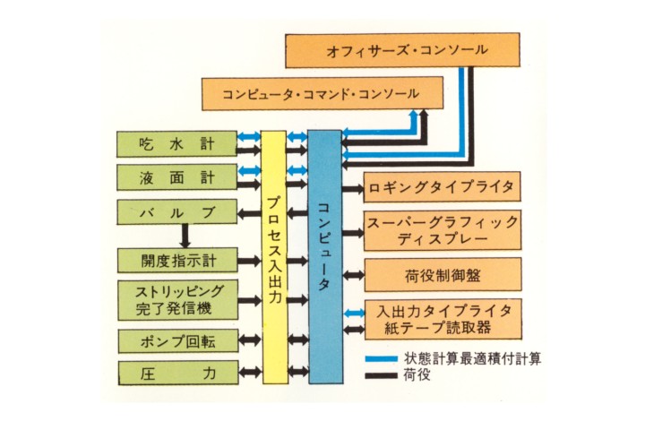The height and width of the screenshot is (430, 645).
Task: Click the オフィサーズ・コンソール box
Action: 401,50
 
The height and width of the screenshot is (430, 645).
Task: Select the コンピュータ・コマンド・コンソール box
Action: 310,93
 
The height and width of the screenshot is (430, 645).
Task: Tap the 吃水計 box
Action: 176,143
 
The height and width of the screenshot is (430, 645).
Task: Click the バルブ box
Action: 176,213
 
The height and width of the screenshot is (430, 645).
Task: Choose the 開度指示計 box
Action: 176,261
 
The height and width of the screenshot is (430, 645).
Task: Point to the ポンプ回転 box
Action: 176,340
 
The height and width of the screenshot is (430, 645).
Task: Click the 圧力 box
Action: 176,372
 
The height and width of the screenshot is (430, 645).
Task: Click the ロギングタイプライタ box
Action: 441,188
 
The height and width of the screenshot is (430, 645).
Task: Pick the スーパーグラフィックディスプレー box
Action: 441,230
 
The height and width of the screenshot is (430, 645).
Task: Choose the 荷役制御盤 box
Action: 441,275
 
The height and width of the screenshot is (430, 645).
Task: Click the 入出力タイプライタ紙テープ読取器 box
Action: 441,319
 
